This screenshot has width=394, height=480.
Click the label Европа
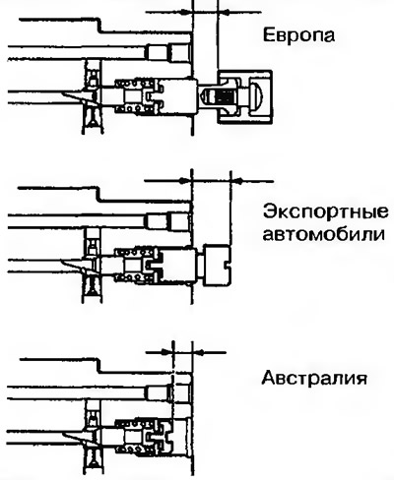pyautogui.click(x=298, y=35)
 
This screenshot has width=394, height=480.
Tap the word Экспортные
pyautogui.click(x=326, y=212)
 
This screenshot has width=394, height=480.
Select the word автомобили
pyautogui.click(x=323, y=234)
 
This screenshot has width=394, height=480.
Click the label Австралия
pyautogui.click(x=314, y=378)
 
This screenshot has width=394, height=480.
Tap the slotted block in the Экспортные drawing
pyautogui.click(x=217, y=265)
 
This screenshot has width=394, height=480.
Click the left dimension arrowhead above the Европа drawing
pyautogui.click(x=186, y=12)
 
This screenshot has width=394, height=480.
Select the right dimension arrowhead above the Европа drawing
pyautogui.click(x=225, y=12)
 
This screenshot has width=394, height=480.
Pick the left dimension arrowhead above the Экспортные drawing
pyautogui.click(x=184, y=181)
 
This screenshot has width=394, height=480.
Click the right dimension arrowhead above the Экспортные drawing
pyautogui.click(x=238, y=181)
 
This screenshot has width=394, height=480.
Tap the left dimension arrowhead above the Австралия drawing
pyautogui.click(x=166, y=352)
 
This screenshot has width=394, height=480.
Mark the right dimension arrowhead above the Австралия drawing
pyautogui.click(x=199, y=352)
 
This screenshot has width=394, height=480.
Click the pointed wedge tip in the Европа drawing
pyautogui.click(x=62, y=93)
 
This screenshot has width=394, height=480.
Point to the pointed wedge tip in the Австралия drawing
pyautogui.click(x=62, y=434)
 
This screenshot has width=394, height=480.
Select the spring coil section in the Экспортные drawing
pyautogui.click(x=134, y=265)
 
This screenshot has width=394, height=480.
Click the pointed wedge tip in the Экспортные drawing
pyautogui.click(x=62, y=262)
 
